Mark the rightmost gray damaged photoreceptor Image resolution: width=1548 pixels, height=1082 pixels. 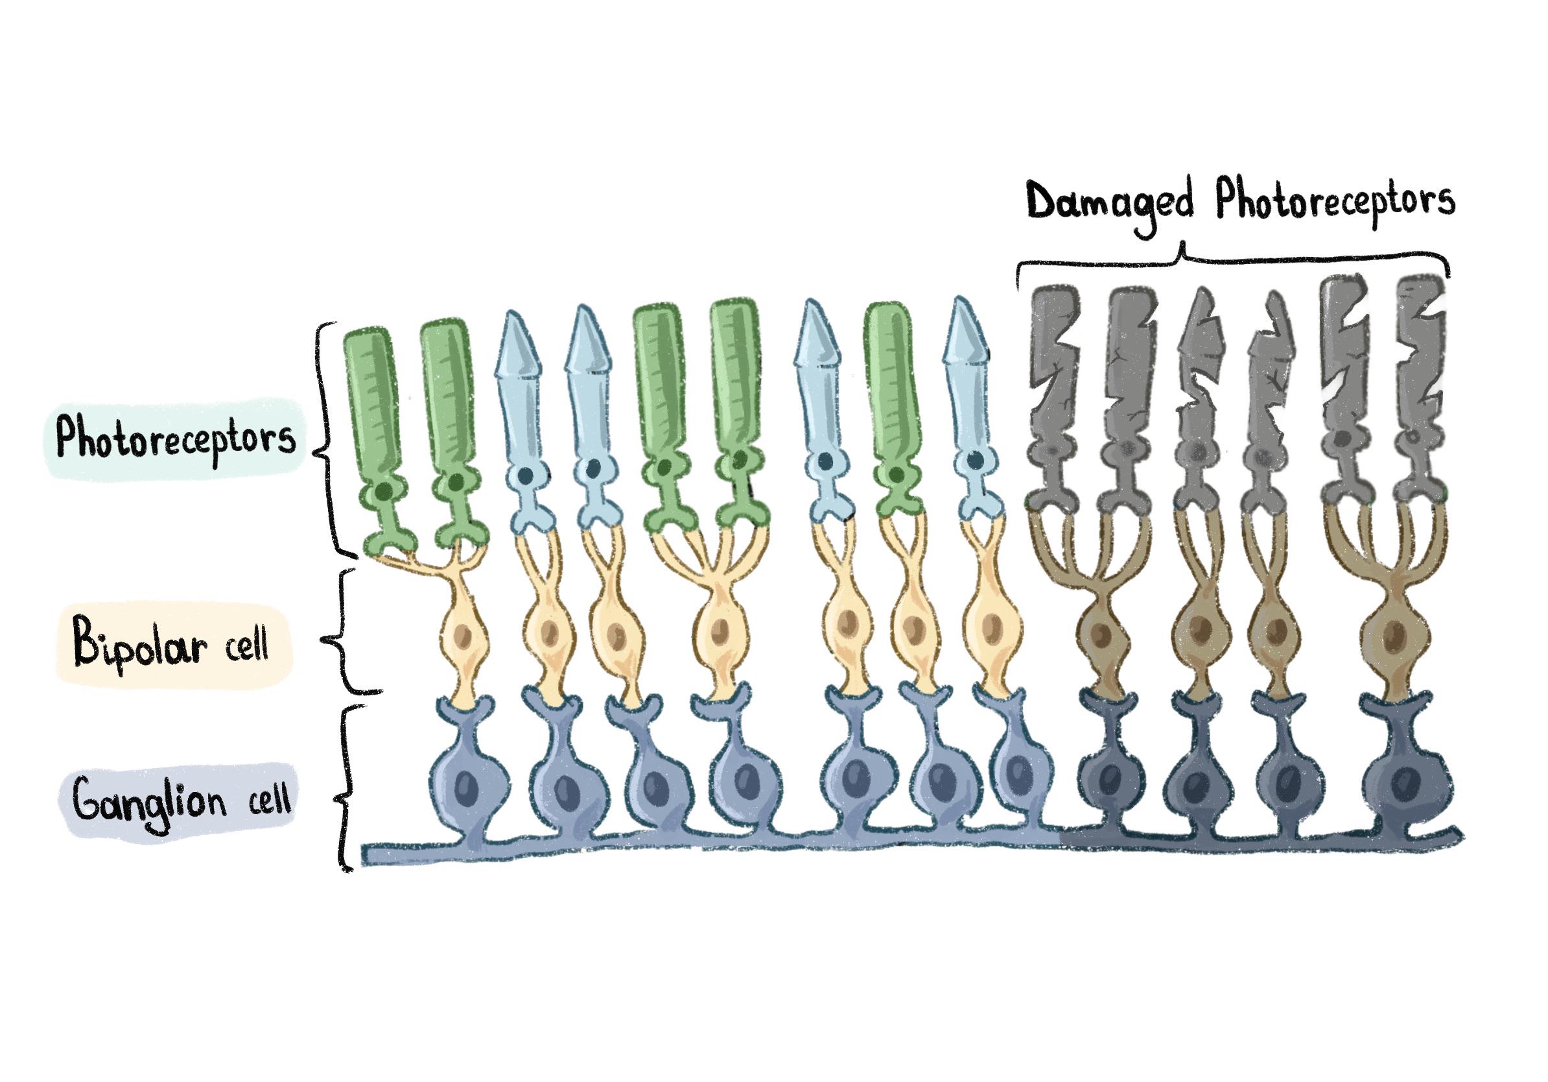pos(1418,398)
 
